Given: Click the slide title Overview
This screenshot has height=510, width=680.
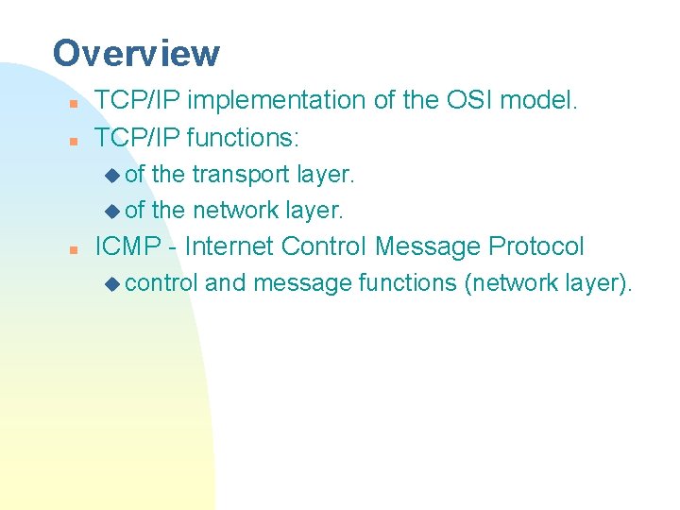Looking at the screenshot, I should point(136,53).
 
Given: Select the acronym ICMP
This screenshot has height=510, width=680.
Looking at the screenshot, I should point(129,247).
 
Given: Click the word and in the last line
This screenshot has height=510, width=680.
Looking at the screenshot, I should point(225,282).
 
